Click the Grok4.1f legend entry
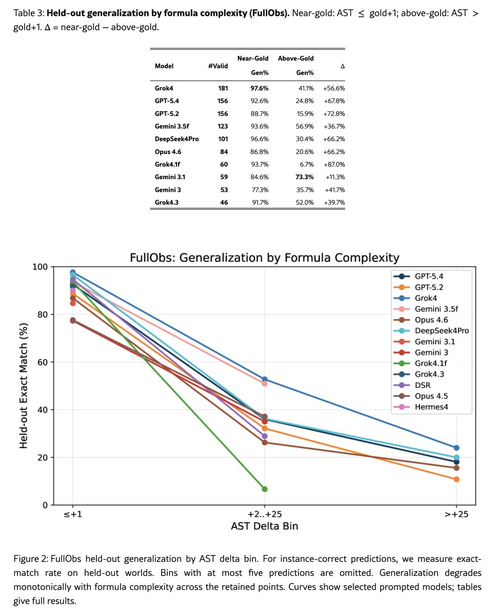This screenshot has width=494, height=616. pos(420,363)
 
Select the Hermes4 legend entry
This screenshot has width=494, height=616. pos(421,407)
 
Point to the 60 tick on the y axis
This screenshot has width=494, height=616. pos(43,362)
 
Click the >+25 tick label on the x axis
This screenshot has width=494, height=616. pos(456,514)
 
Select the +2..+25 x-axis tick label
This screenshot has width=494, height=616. pos(265,514)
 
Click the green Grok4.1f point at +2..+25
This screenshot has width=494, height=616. pos(265,489)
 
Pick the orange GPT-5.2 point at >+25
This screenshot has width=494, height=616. pos(456,479)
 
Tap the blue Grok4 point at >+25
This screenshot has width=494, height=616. pos(456,448)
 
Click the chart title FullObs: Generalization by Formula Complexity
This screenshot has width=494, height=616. pos(265,258)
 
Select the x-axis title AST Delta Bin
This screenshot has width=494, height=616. pos(265,526)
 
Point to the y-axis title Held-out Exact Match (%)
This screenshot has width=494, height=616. pos(23,386)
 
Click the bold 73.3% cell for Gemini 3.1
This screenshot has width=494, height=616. pos(304,177)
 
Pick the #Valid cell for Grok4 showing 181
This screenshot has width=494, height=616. pos(223,88)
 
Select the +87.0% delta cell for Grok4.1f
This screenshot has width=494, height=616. pos(334,164)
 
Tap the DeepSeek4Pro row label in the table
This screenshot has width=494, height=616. pos(177,139)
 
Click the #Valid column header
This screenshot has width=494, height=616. pos(218,66)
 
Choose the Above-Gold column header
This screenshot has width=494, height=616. pos(296,59)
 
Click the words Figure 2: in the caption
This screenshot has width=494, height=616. pos(31,559)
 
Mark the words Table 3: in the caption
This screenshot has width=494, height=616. pos(29,13)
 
